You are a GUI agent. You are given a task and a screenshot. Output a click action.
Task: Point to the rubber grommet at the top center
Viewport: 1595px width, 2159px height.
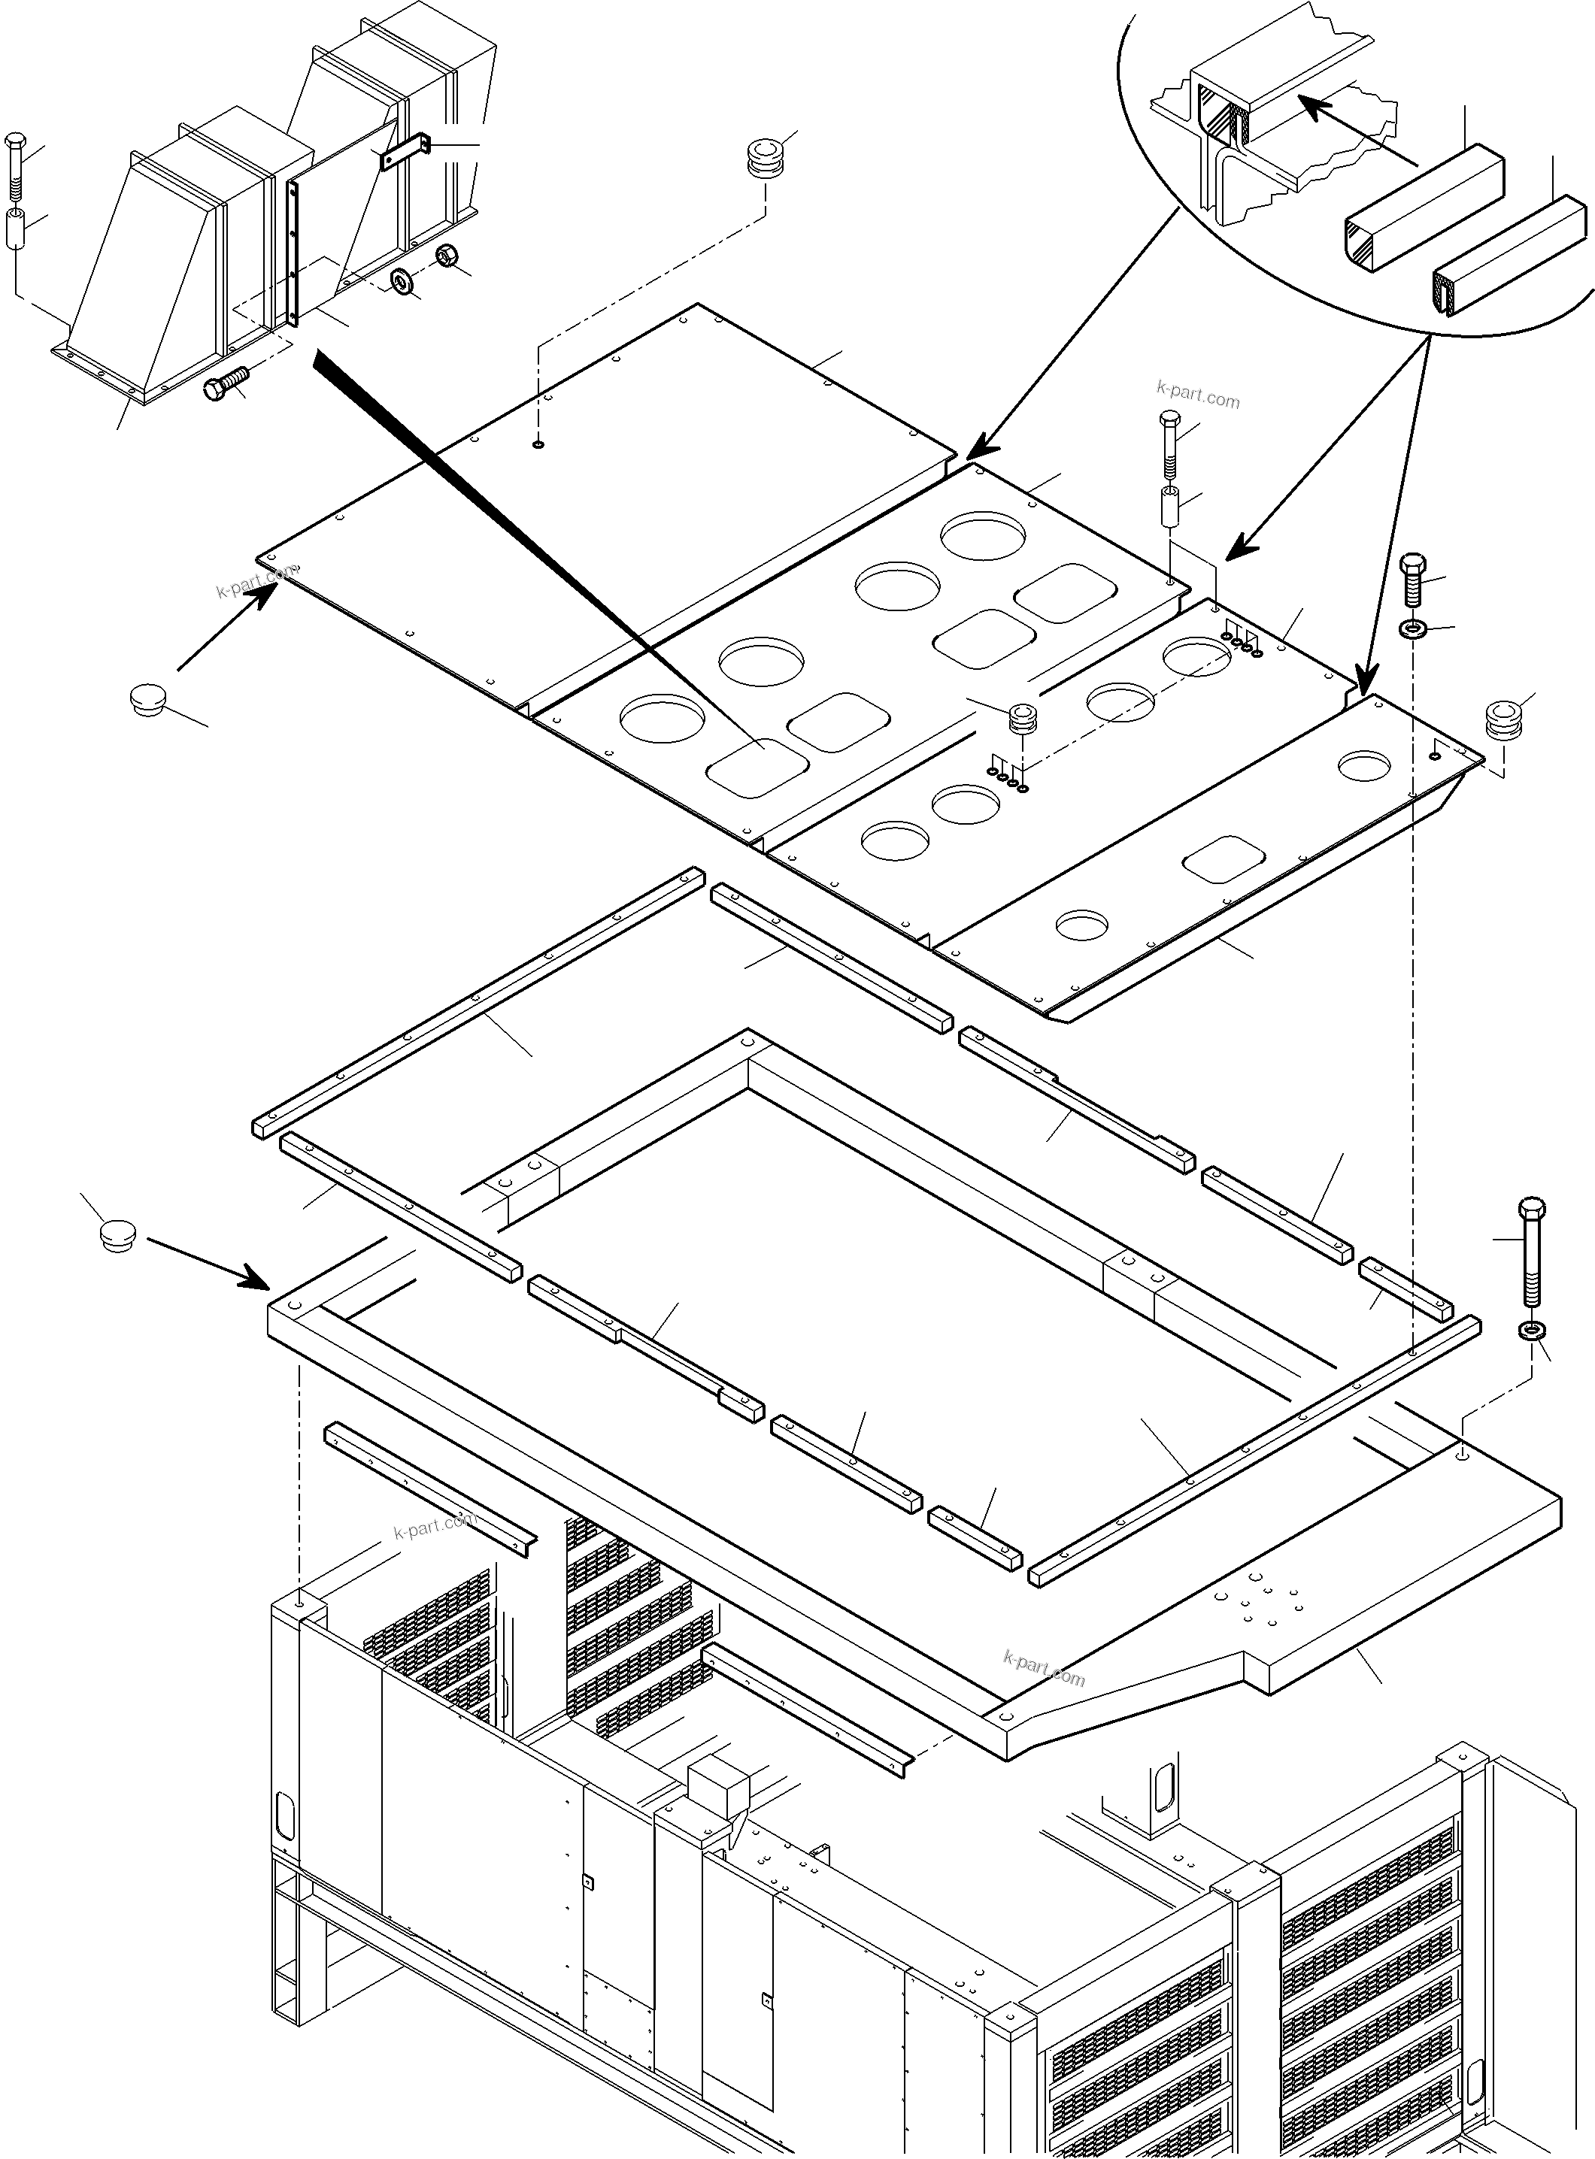coord(766,159)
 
